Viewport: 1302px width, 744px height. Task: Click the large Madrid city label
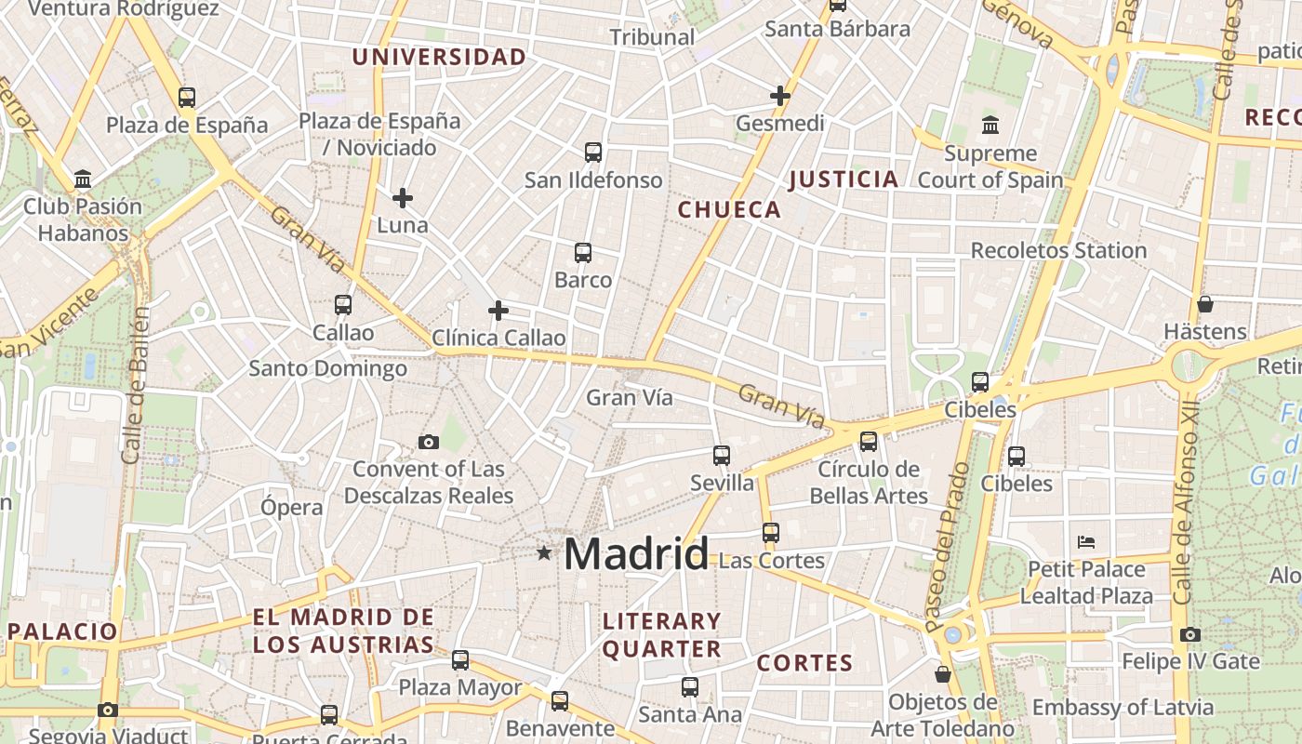636,554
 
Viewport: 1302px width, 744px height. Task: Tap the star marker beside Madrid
544,553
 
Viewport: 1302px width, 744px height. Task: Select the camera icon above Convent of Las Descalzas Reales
429,442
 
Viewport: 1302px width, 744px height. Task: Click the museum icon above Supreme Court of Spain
990,125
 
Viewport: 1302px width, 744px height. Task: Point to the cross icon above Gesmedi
779,95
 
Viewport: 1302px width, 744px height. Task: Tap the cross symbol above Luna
403,197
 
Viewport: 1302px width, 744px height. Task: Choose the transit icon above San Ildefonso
593,152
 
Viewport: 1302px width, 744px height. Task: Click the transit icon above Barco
583,252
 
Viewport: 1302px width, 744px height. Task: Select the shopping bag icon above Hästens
1204,304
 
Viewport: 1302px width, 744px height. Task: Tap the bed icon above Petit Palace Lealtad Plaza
1085,541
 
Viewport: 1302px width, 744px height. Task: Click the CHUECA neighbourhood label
729,210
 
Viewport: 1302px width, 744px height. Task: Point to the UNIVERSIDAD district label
439,57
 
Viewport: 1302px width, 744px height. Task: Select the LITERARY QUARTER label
661,635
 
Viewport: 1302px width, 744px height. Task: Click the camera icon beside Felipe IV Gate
1189,635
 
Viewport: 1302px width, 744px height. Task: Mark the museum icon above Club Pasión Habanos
83,179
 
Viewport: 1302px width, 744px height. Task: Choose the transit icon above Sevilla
722,455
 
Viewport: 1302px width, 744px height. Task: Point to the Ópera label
292,508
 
